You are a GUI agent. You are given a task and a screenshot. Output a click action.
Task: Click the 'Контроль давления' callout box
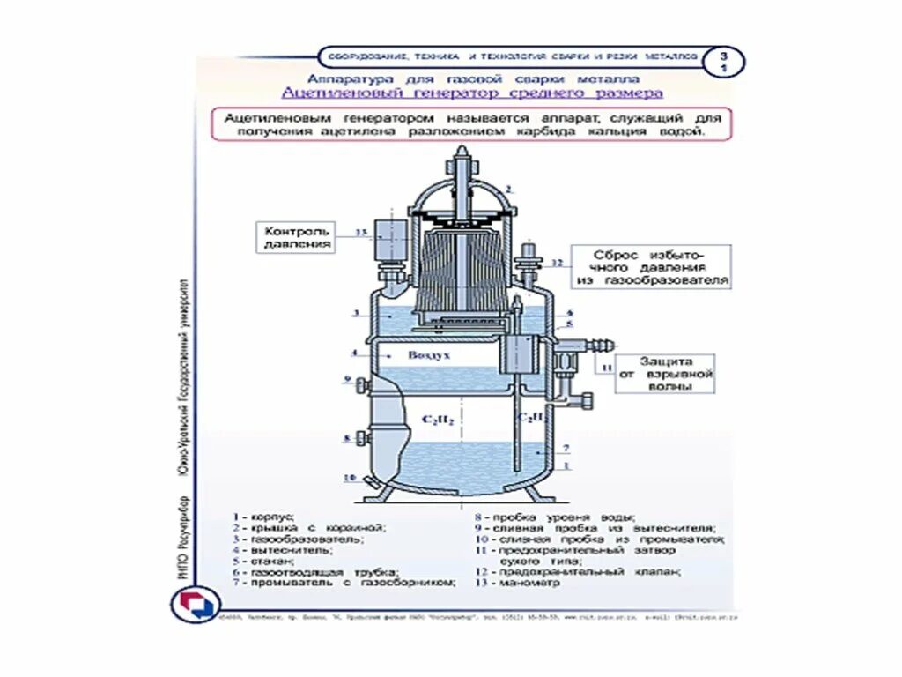point(297,236)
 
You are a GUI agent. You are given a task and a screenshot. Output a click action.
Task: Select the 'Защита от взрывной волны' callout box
point(666,374)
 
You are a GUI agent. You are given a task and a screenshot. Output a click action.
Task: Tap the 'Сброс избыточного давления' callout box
point(653,267)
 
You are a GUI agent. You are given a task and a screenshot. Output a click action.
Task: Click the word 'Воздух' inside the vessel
point(429,354)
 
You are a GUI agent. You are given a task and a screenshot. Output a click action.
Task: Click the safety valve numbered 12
point(529,261)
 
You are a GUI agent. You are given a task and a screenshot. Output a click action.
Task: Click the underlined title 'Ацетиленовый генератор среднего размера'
point(472,93)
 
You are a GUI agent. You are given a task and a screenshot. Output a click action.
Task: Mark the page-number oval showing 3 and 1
point(724,60)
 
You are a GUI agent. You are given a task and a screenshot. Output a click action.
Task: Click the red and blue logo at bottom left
point(192,605)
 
